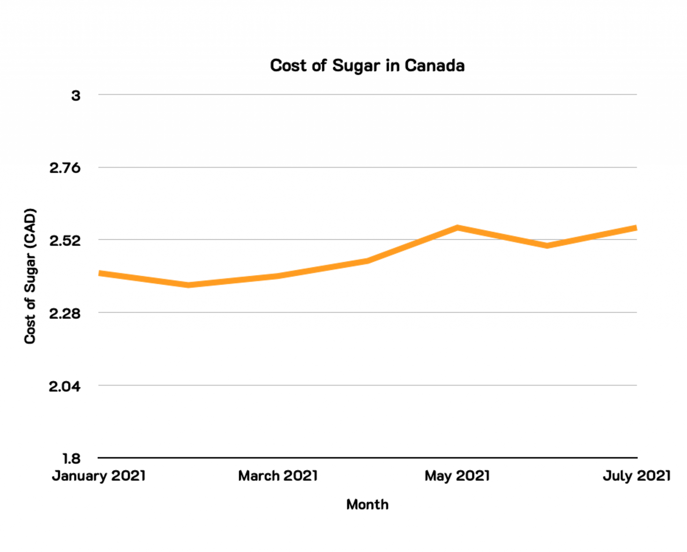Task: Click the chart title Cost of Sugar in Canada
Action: coord(367,65)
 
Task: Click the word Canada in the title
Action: coord(434,65)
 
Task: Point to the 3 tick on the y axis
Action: coord(76,96)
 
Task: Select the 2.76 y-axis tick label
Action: coord(65,168)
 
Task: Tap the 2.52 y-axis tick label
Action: coord(65,241)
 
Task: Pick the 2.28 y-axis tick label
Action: coord(65,314)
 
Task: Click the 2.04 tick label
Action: coord(65,386)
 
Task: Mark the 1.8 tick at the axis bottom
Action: coord(71,459)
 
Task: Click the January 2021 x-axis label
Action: coord(99,476)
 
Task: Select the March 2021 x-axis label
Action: coord(278,476)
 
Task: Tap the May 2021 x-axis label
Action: coord(457,476)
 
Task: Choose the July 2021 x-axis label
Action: coord(636,476)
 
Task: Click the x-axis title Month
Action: coord(367,505)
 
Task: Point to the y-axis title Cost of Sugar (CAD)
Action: coord(30,276)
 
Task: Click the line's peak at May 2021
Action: coord(458,228)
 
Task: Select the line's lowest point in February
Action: coord(189,285)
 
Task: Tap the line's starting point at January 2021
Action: coord(100,273)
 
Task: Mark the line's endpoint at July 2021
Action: coord(636,228)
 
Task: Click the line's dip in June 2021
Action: coord(547,245)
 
